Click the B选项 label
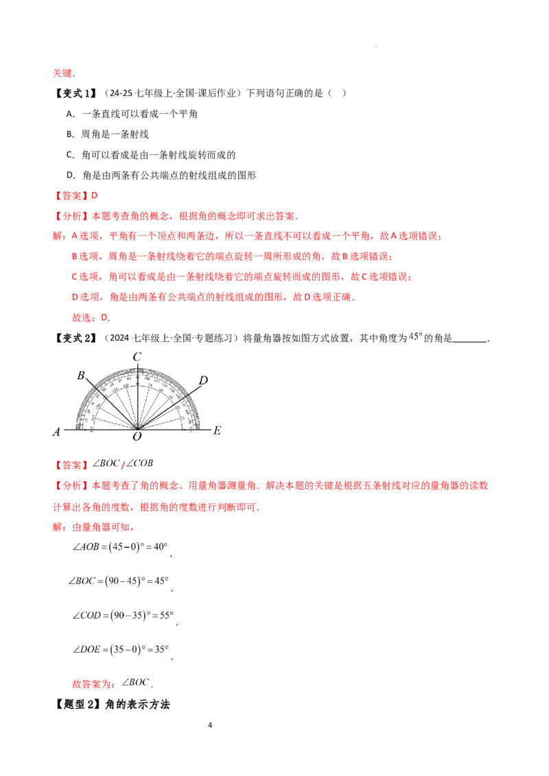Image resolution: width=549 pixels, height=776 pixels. [x=86, y=258]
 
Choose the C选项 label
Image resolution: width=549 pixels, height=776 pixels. [x=86, y=278]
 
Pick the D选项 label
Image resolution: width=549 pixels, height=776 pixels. [x=86, y=298]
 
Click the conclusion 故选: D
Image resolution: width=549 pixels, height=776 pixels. [x=90, y=317]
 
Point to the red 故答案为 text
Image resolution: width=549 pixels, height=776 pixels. [x=92, y=683]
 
